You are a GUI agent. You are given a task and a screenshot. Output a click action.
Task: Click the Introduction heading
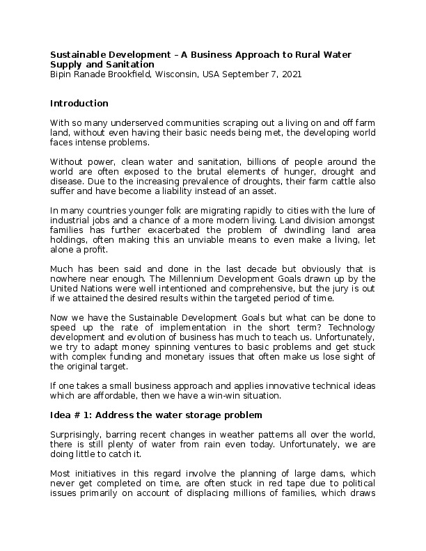click(x=79, y=104)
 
